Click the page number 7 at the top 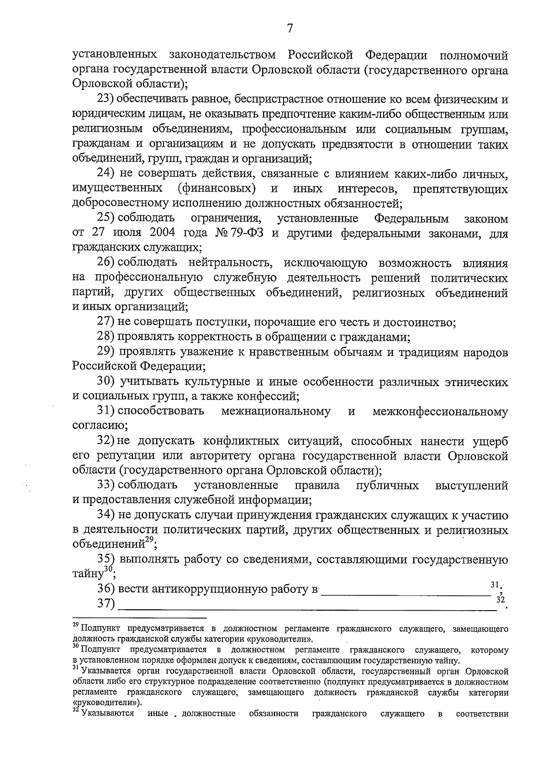click(289, 28)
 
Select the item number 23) click(108, 99)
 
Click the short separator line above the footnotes click(140, 618)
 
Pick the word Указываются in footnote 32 click(108, 714)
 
